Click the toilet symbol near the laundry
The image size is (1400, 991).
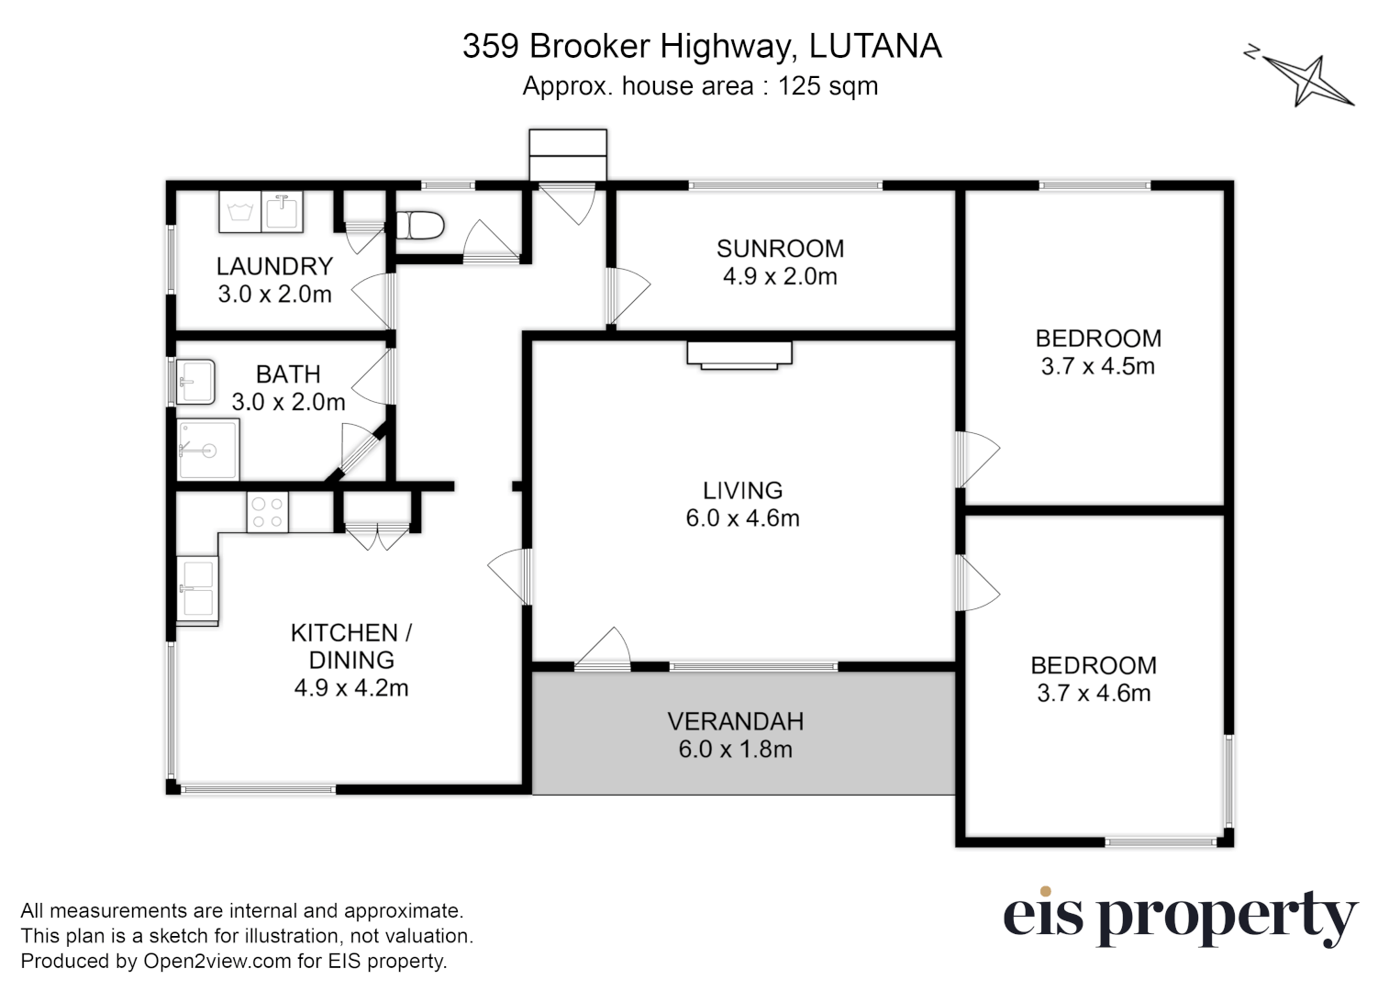(x=420, y=225)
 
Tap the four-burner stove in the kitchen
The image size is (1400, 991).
(x=267, y=512)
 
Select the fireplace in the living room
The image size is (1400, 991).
(x=739, y=354)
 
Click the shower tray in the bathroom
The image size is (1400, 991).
(x=208, y=450)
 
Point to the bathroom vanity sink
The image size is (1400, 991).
(x=195, y=382)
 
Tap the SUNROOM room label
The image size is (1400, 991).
(x=780, y=249)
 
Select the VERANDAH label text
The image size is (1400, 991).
(x=735, y=721)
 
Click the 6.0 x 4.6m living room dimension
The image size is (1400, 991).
(x=742, y=518)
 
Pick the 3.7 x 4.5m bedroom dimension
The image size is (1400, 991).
(x=1097, y=366)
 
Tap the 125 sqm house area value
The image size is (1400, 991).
(x=828, y=86)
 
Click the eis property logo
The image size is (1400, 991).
(x=1180, y=917)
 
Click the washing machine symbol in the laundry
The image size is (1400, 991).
(x=240, y=213)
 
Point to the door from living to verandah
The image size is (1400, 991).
(x=604, y=650)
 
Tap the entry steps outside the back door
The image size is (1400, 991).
(x=568, y=154)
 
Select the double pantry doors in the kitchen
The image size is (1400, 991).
(x=376, y=535)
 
